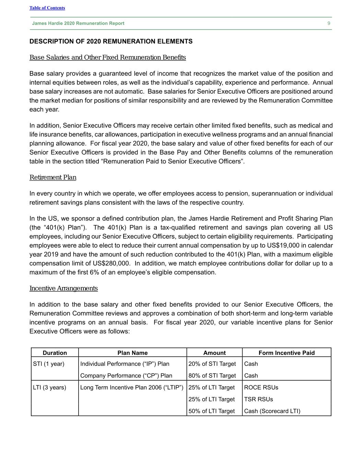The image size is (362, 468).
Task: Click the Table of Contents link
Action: point(47,8)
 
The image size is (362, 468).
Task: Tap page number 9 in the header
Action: point(329,23)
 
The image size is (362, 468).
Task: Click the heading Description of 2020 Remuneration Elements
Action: point(111,41)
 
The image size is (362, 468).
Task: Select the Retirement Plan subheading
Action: point(53,177)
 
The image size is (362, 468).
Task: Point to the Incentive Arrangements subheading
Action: point(63,288)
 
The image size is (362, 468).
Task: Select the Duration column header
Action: point(55,353)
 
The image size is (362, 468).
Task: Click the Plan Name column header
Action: point(132,353)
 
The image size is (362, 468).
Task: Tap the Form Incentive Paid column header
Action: point(287,353)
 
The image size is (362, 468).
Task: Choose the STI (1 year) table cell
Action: point(49,364)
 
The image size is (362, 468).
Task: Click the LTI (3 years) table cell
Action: point(49,387)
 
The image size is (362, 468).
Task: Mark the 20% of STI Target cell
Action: point(212,364)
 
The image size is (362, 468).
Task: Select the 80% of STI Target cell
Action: point(212,376)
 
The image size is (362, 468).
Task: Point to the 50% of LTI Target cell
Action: point(211,411)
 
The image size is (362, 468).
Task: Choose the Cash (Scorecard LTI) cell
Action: point(272,411)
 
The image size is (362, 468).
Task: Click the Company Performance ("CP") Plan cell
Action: point(126,376)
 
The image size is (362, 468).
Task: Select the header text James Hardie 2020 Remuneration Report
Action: point(78,23)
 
